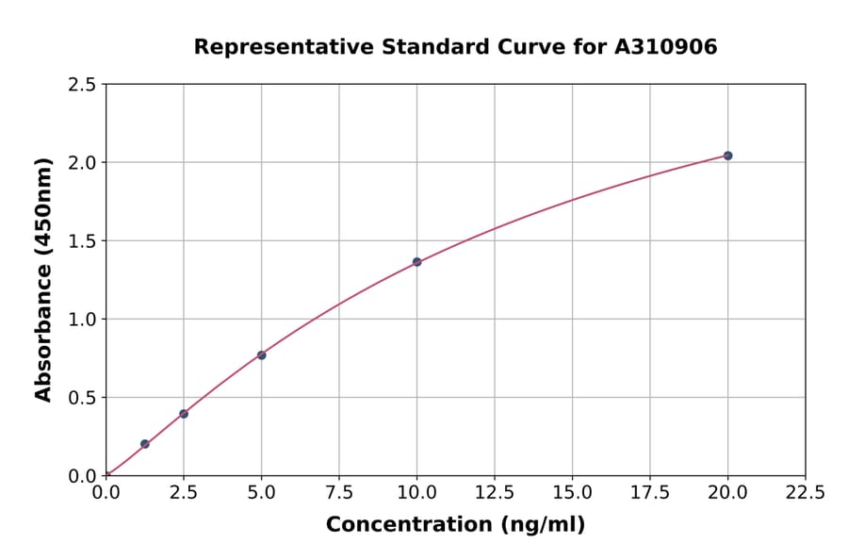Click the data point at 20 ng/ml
[727, 156]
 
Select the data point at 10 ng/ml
[416, 262]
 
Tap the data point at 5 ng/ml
[261, 354]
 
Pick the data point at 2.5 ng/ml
[184, 414]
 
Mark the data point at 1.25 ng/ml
[145, 444]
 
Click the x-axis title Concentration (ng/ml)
[455, 525]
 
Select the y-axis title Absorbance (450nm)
[43, 280]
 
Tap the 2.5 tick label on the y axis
[82, 85]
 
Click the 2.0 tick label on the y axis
[82, 163]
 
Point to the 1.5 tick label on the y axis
[82, 241]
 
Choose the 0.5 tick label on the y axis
[82, 398]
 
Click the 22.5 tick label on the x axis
[805, 493]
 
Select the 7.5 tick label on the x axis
[339, 493]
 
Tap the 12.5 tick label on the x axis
[495, 493]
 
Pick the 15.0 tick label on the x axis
[572, 493]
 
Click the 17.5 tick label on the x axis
[650, 493]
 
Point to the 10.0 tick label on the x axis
[416, 493]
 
